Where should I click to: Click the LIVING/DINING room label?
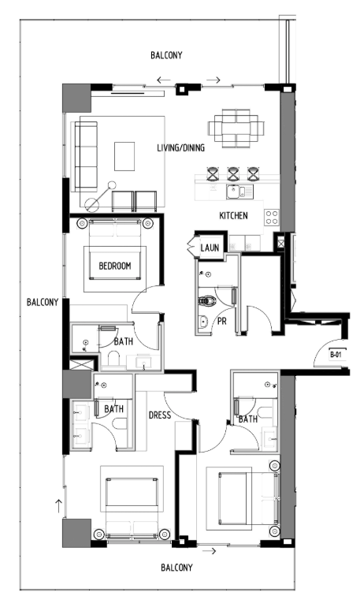point(180,147)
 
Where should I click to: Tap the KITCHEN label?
point(233,216)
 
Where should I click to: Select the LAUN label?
point(210,248)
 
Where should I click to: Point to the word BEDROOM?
point(115,266)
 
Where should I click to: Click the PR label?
point(222,321)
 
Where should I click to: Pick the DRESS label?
point(160,415)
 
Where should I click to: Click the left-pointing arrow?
point(164,80)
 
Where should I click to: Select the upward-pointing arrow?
point(59,506)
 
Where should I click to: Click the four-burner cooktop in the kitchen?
point(272,217)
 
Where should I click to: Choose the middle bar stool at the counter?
point(233,174)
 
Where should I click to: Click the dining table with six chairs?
point(236,128)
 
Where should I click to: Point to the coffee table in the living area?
point(124,156)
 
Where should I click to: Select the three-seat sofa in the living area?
point(86,156)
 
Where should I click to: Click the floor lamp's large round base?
point(92,204)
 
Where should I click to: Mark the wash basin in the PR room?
point(202,322)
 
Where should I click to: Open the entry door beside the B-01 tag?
point(328,352)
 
